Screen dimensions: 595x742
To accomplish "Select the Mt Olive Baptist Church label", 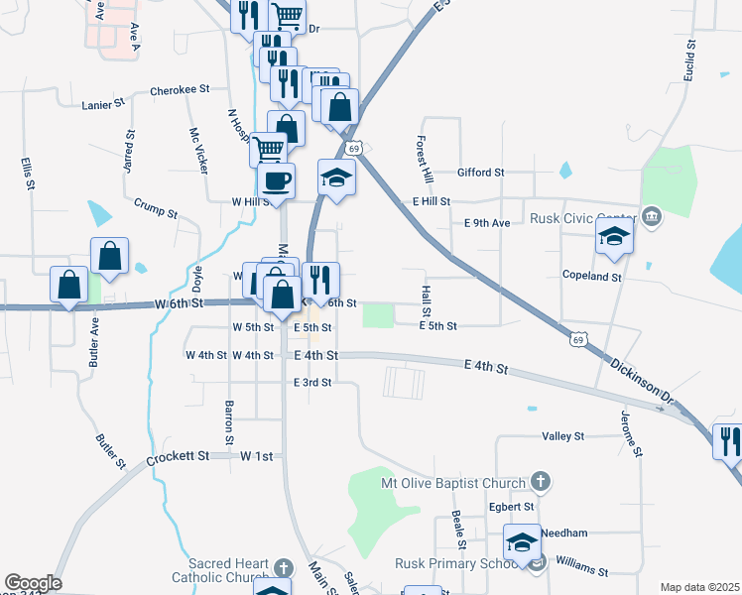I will [452, 483].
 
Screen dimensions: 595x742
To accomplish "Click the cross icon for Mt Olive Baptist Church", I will [540, 483].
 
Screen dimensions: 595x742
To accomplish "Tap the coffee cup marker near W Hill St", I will [276, 181].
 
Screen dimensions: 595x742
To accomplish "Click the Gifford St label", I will [481, 173].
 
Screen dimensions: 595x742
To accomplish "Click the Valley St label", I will [563, 435].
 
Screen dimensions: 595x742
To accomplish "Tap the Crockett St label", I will [179, 457].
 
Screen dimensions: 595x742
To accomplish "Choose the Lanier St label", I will [104, 102].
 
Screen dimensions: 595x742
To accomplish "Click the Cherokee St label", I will [180, 89].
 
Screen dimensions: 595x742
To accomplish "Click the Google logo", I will [33, 583].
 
